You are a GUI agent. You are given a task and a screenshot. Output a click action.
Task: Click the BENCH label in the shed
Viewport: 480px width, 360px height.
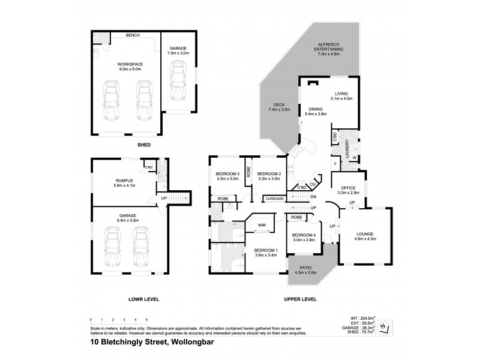pos(133,35)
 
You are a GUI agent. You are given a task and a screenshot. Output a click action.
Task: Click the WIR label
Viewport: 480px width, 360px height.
pos(262,225)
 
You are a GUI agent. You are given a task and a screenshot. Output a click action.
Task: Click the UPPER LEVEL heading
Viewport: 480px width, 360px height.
pos(301,299)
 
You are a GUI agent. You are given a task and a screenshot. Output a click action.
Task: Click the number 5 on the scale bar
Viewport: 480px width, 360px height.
pos(146,320)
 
